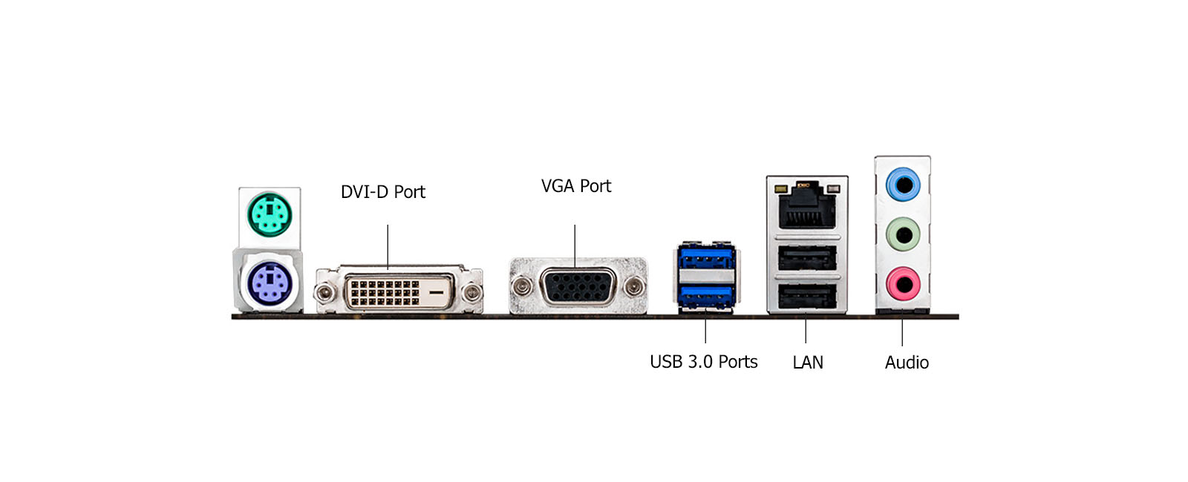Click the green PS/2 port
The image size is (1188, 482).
270,214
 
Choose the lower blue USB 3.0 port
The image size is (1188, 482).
706,298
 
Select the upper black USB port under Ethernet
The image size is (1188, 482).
807,258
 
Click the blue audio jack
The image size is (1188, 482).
903,183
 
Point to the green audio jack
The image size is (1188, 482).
903,236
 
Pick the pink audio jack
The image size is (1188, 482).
903,283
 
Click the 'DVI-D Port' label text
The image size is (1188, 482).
382,192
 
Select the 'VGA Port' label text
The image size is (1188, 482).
576,186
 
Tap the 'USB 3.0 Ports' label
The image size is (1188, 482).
703,362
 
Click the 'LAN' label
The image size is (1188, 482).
808,363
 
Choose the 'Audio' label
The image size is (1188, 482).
907,363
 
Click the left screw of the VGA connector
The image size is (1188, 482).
522,285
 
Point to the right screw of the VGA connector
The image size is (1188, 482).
634,285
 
